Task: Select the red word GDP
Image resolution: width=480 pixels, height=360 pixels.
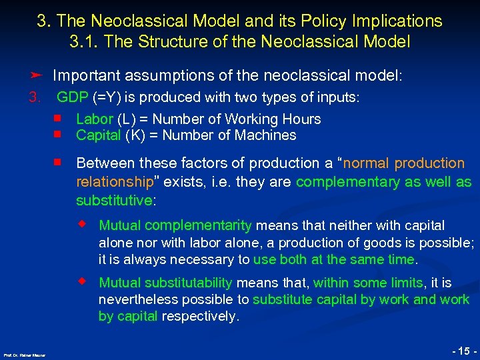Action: [73, 97]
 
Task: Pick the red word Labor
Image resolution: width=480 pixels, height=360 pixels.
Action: [95, 119]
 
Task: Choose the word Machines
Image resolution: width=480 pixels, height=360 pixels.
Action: [267, 135]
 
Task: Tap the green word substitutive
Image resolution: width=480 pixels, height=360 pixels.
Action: [113, 201]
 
